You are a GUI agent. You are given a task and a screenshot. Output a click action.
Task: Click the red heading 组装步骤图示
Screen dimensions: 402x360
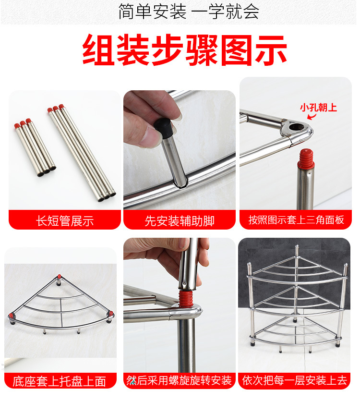click(185, 50)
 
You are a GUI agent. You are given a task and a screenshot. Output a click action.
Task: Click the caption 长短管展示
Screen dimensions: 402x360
click(65, 220)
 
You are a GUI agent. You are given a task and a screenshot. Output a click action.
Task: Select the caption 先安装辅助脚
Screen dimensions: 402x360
click(180, 220)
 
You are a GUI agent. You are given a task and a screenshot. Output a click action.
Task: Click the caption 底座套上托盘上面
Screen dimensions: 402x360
click(60, 381)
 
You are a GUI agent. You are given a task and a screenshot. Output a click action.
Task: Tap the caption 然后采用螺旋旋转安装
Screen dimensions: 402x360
click(179, 381)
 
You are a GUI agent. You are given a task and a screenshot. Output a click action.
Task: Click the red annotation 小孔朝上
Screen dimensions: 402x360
click(318, 107)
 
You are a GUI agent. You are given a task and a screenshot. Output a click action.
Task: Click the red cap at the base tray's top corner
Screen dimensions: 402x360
click(59, 277)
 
